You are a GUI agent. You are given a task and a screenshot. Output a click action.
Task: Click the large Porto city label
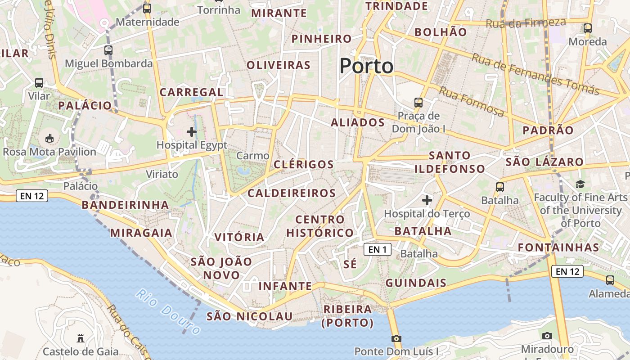click(x=366, y=66)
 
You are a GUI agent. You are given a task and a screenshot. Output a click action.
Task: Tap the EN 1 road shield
click(x=377, y=249)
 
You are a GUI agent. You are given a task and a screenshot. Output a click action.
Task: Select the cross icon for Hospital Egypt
click(x=192, y=132)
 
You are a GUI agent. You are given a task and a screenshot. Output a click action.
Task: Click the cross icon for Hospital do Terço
click(x=427, y=200)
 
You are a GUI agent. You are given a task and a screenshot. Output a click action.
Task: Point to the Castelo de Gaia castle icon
click(x=81, y=338)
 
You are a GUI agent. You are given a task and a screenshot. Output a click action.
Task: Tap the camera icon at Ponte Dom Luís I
click(x=396, y=338)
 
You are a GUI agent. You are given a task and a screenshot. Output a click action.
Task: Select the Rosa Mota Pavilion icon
click(x=49, y=138)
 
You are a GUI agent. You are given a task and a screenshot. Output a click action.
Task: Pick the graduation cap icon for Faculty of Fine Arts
click(x=580, y=184)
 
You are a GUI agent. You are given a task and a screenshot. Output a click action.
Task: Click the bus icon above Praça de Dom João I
click(x=418, y=102)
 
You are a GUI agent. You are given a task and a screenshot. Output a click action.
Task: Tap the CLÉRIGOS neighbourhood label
click(x=304, y=164)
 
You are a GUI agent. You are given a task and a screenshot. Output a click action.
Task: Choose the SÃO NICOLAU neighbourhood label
click(x=250, y=316)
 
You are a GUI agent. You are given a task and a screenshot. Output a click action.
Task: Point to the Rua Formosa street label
click(x=471, y=102)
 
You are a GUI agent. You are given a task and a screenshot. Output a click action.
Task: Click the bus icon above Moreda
click(x=587, y=28)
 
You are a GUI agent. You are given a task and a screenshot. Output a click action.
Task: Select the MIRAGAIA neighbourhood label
click(x=141, y=233)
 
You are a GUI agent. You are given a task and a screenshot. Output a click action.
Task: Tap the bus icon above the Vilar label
click(x=39, y=83)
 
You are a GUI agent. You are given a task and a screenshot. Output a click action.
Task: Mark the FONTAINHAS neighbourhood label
click(x=558, y=247)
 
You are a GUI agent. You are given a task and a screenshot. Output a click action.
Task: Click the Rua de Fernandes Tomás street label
click(x=535, y=74)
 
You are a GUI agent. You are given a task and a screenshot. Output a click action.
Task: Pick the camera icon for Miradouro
click(x=547, y=336)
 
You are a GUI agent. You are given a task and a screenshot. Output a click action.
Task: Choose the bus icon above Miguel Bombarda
click(x=108, y=50)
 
